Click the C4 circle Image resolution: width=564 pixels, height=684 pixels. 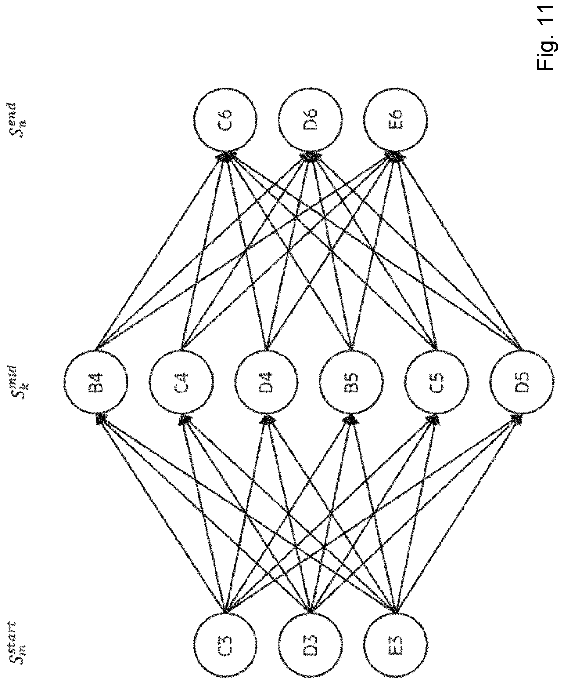pyautogui.click(x=181, y=382)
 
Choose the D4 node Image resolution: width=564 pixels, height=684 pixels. pyautogui.click(x=266, y=382)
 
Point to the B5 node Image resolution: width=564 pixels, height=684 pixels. pyautogui.click(x=351, y=382)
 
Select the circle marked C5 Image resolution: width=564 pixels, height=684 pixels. pyautogui.click(x=436, y=382)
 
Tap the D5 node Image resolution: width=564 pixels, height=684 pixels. pyautogui.click(x=521, y=382)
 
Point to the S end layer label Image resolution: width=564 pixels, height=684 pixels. pyautogui.click(x=18, y=120)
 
